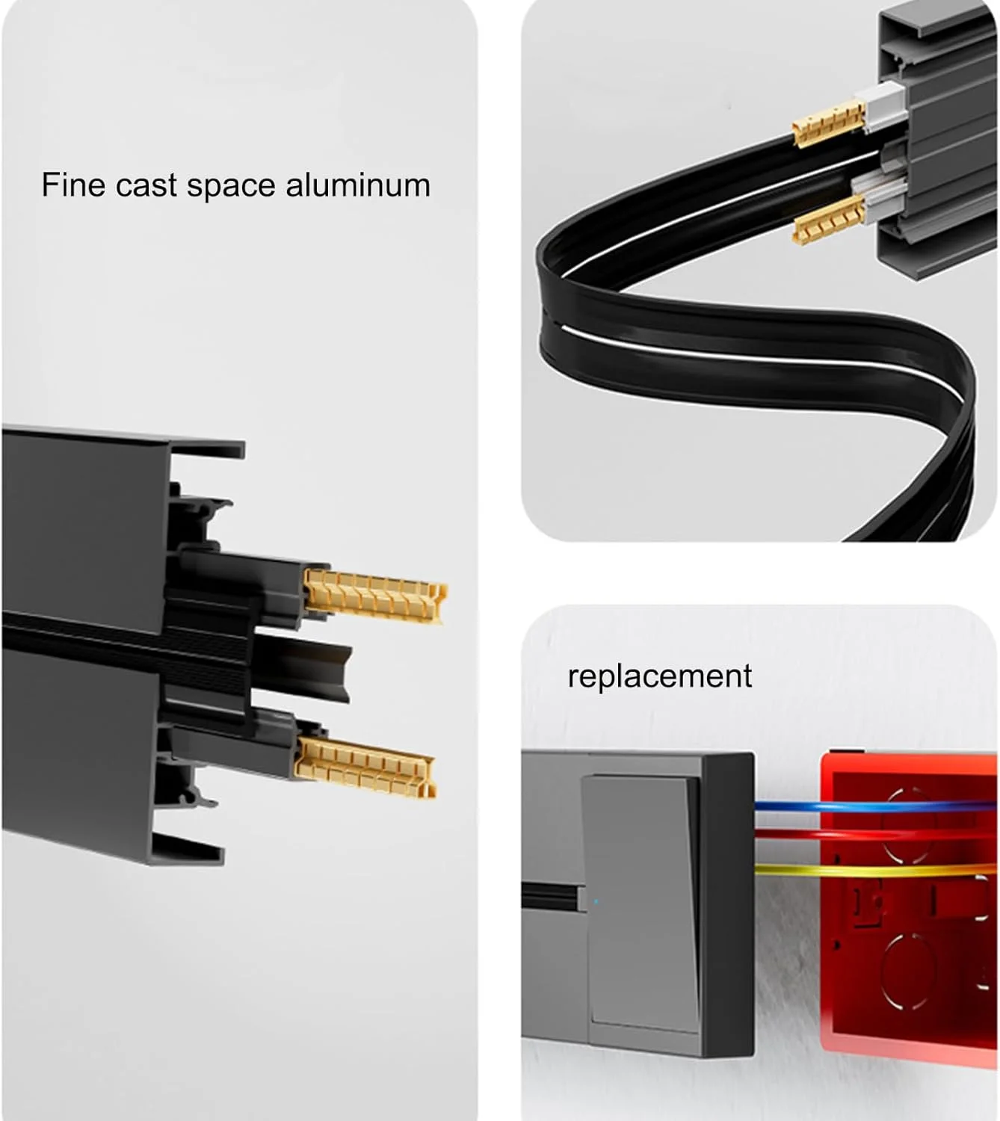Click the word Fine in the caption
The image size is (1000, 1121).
[x=73, y=185]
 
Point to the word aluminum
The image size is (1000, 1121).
[x=357, y=185]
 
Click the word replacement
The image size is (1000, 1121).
[x=660, y=676]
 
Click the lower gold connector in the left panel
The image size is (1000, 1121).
[x=365, y=767]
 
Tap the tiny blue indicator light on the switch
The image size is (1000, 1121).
[x=596, y=902]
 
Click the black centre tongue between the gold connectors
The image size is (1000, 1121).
[x=302, y=667]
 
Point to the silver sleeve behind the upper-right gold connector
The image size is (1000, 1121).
[x=884, y=106]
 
